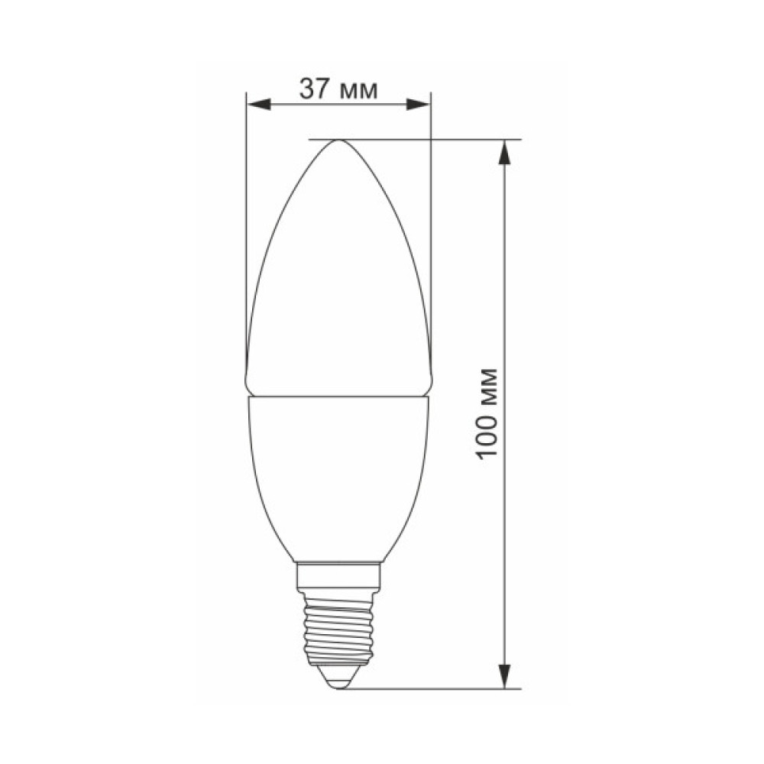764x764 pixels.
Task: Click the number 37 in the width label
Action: pos(315,90)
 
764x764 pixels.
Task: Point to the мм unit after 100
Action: pos(488,388)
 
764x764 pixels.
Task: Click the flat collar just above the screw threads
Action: pos(338,575)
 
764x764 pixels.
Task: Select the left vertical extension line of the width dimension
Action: pos(247,229)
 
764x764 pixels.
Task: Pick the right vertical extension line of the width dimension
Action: pos(431,229)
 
